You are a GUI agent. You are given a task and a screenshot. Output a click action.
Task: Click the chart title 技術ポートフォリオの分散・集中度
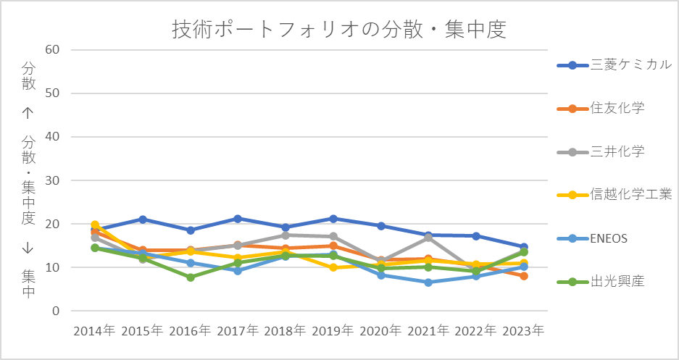tap(339, 30)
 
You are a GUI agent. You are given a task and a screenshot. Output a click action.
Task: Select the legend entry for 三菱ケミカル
tap(615, 65)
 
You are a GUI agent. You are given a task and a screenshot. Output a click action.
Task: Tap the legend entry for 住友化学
tap(601, 108)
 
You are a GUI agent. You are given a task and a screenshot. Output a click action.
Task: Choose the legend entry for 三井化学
tap(601, 151)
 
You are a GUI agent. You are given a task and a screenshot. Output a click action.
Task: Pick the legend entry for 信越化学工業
tap(615, 195)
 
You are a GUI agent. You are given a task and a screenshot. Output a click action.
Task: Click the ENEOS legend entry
tap(592, 238)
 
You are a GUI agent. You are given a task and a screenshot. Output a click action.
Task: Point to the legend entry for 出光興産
tap(601, 282)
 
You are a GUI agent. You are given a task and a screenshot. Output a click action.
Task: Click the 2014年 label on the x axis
tap(95, 331)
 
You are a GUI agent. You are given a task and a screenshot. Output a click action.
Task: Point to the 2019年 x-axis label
tap(333, 331)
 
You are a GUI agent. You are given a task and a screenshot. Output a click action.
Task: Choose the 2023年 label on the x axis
tap(523, 331)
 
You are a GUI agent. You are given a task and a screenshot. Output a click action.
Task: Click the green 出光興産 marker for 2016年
tap(190, 277)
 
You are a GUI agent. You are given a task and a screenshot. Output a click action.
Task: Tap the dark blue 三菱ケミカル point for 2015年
tap(143, 219)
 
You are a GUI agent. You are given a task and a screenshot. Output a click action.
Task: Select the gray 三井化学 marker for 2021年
tap(428, 238)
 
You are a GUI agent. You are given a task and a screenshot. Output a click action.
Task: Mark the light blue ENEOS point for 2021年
tap(428, 282)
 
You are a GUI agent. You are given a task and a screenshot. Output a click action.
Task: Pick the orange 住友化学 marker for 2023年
tap(523, 276)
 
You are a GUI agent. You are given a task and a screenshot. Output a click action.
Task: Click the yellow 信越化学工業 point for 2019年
tap(333, 267)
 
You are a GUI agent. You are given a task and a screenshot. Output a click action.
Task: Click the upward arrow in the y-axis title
tap(28, 114)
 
